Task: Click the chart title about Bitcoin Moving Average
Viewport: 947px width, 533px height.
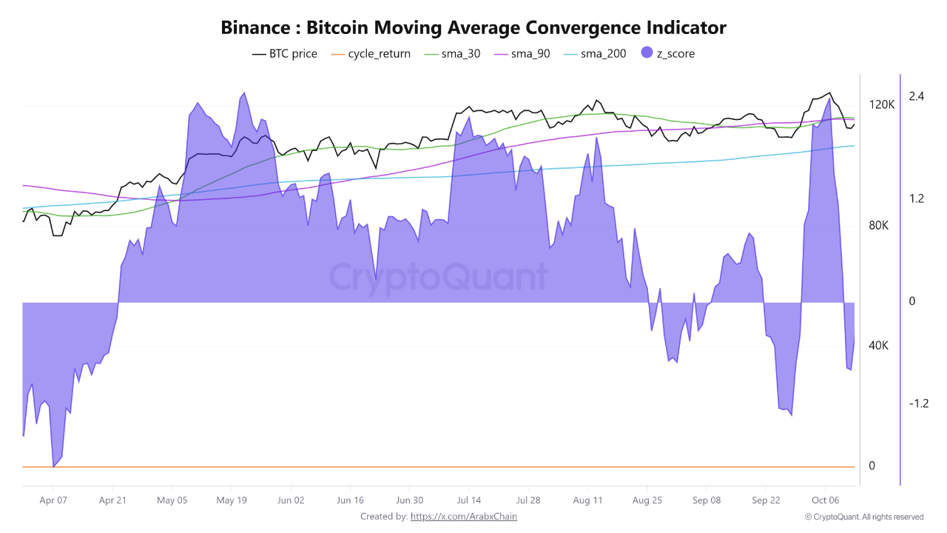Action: [473, 27]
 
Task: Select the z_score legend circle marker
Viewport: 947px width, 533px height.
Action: [647, 53]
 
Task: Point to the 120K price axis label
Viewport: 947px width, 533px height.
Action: [882, 105]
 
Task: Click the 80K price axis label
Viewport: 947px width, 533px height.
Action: [880, 226]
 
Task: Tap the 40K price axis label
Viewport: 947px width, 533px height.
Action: [880, 346]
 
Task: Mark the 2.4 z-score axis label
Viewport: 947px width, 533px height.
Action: [917, 96]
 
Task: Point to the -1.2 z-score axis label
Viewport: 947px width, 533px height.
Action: [917, 403]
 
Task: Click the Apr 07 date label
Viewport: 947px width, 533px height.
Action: [53, 500]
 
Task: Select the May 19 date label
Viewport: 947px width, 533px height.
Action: [231, 500]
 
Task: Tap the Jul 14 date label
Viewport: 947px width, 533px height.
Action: [469, 500]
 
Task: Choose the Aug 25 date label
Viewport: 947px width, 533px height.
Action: [647, 500]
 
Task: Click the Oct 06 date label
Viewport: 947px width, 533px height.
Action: [825, 500]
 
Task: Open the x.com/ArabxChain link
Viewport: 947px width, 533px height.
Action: [463, 516]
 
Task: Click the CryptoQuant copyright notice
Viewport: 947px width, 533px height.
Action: [864, 517]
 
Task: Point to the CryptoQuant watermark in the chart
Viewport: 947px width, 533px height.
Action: [438, 277]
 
